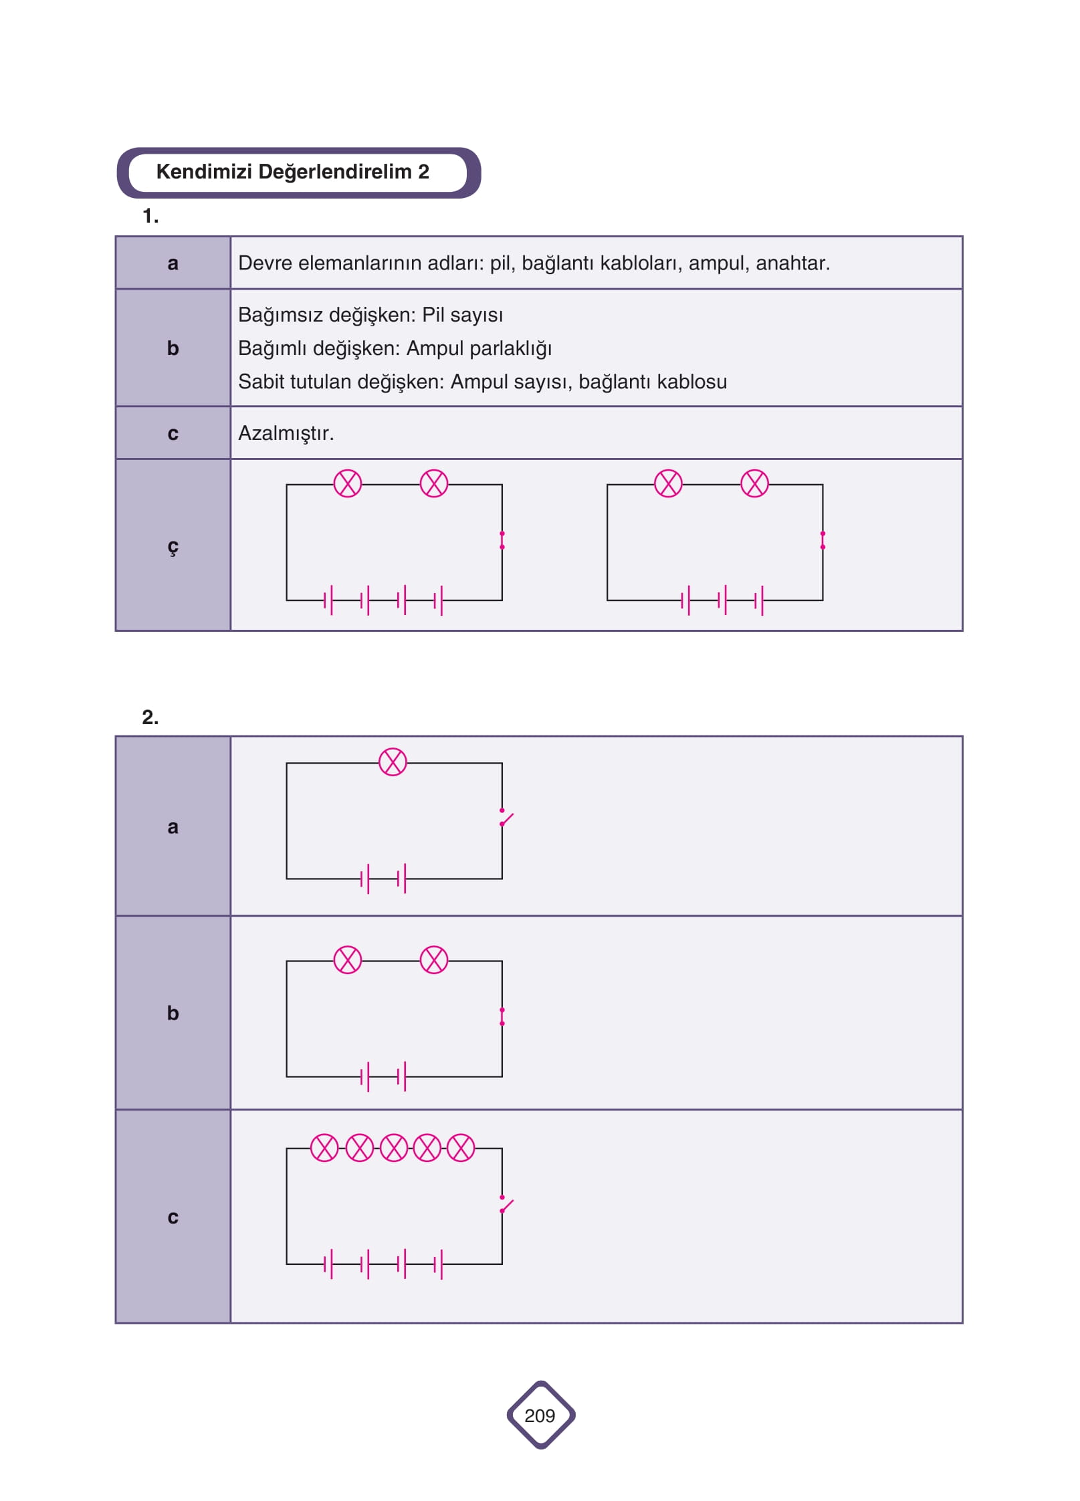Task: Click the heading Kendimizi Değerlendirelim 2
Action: pyautogui.click(x=292, y=172)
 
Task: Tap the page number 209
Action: pyautogui.click(x=540, y=1415)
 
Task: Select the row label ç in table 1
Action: pyautogui.click(x=173, y=547)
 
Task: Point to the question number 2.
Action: pyautogui.click(x=150, y=717)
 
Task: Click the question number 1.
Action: pyautogui.click(x=150, y=216)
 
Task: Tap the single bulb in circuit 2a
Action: pyautogui.click(x=393, y=762)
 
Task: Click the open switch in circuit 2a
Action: pyautogui.click(x=506, y=818)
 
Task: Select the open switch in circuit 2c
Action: pyautogui.click(x=506, y=1205)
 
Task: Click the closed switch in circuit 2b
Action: pyautogui.click(x=502, y=1016)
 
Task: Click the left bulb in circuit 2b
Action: pyautogui.click(x=348, y=959)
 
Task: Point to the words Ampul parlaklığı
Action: pyautogui.click(x=479, y=349)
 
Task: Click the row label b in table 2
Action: pyautogui.click(x=173, y=1013)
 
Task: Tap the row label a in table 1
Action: pyautogui.click(x=173, y=263)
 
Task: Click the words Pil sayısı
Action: pyautogui.click(x=462, y=316)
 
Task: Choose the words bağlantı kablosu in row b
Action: pyautogui.click(x=653, y=382)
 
